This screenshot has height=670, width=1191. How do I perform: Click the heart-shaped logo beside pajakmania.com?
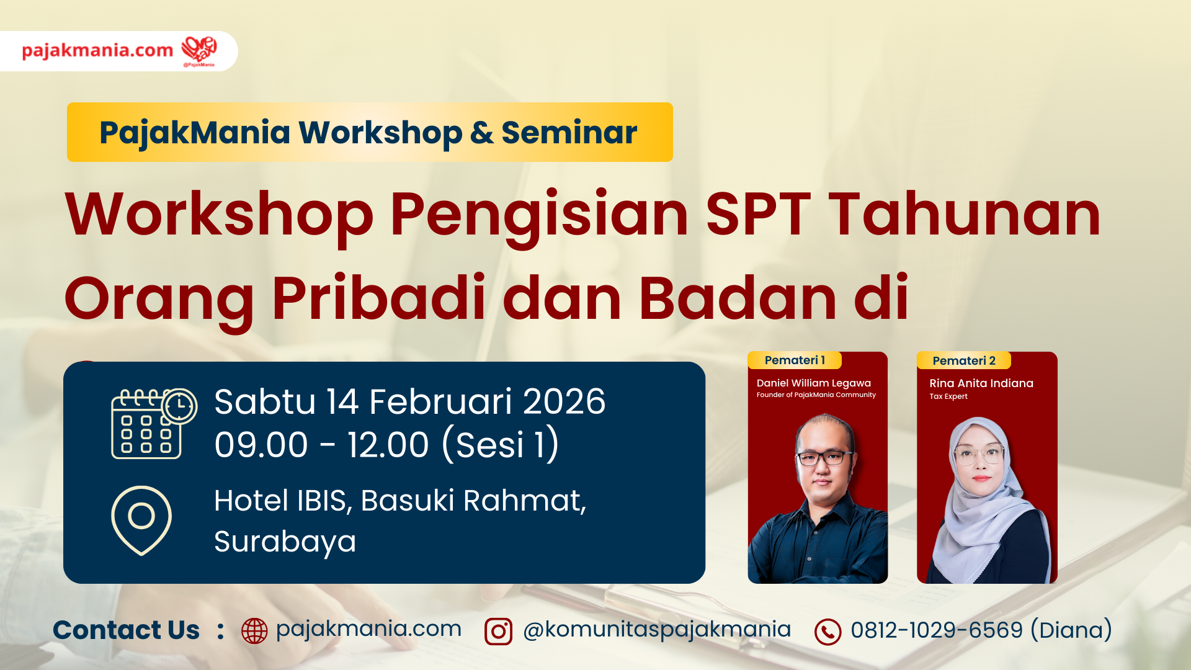tap(199, 50)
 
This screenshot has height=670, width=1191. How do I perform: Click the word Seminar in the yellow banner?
tap(569, 132)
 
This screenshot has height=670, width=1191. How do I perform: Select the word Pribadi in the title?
tap(379, 298)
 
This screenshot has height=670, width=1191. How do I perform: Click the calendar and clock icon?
tap(154, 424)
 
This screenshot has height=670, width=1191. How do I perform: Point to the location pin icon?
tap(141, 520)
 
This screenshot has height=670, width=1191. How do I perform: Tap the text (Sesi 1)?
tap(501, 445)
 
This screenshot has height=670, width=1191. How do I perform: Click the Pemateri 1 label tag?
tap(795, 360)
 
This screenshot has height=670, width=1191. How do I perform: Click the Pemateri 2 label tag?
tap(964, 360)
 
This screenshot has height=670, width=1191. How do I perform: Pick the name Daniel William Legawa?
tap(814, 383)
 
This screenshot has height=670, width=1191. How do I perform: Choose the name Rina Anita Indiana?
tap(981, 383)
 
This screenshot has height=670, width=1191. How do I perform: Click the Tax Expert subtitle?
tap(948, 396)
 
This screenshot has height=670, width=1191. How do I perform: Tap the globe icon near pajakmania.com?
tap(254, 631)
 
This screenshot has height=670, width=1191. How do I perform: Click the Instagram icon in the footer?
tap(498, 632)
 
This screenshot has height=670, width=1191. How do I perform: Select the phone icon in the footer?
tap(827, 632)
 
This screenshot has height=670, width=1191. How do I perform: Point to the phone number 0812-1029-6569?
tap(937, 630)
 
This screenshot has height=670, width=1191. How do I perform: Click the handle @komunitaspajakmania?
tap(657, 630)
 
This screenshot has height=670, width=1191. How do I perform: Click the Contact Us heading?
tap(126, 630)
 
